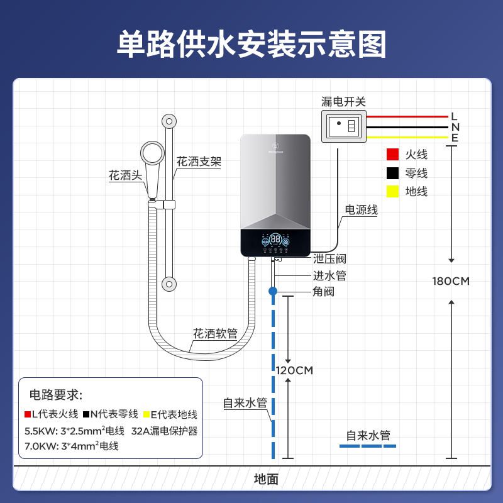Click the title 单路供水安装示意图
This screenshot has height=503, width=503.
tap(251, 43)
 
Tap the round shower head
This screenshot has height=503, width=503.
tap(153, 153)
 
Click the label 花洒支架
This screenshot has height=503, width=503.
tap(199, 162)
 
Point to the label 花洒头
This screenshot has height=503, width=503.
tap(126, 175)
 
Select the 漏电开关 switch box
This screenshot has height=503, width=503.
tap(344, 126)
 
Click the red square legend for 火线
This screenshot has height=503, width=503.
tap(393, 155)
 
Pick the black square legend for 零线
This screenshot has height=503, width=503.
tap(393, 173)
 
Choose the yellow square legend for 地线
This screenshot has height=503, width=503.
tap(393, 192)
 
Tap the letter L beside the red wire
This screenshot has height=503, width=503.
tap(454, 116)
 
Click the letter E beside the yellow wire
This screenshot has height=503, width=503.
tap(454, 138)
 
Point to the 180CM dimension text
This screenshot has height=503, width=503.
tap(451, 281)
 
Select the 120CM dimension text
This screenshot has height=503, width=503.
tap(294, 370)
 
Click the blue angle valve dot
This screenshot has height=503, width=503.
tap(273, 291)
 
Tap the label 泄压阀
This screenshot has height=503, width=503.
tap(329, 259)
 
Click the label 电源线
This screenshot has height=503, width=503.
tap(362, 210)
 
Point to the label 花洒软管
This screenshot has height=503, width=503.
tap(215, 334)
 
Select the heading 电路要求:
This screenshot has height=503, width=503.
tap(56, 395)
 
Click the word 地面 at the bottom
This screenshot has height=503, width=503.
tap(266, 479)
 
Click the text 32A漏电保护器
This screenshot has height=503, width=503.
tap(165, 431)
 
